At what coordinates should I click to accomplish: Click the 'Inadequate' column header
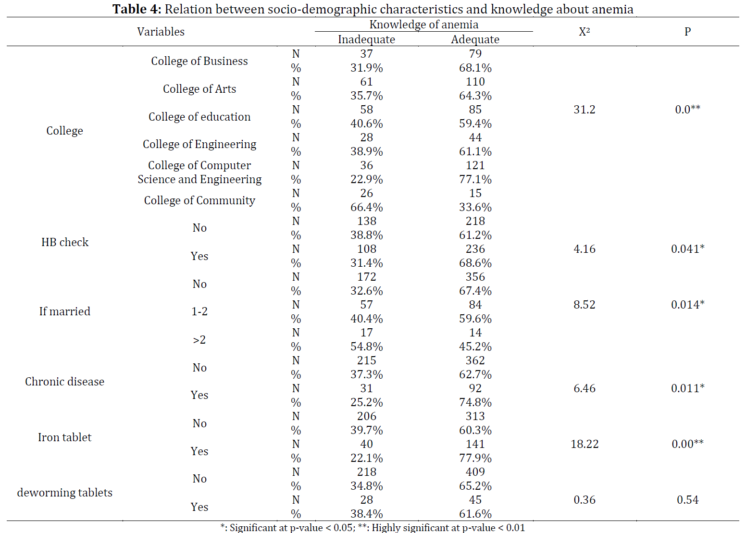366,39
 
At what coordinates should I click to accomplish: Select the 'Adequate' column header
475,39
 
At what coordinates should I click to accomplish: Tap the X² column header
584,32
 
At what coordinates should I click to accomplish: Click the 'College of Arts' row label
199,89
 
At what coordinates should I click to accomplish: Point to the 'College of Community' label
199,200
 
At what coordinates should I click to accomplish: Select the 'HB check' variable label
65,242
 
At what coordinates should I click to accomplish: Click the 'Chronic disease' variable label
64,382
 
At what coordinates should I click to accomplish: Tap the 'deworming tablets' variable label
64,493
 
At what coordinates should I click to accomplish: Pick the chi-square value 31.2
584,110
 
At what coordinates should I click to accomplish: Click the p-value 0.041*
687,249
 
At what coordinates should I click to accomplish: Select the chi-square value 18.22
584,444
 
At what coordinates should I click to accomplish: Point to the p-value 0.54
687,500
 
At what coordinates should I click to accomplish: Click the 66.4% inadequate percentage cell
366,207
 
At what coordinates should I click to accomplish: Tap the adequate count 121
475,165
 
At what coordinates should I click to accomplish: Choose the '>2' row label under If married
199,340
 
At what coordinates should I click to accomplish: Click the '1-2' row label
199,311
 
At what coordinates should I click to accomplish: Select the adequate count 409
475,472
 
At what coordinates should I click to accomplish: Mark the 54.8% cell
366,347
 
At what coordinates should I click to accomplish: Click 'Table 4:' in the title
137,9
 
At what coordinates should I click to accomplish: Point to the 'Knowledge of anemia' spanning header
423,25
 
